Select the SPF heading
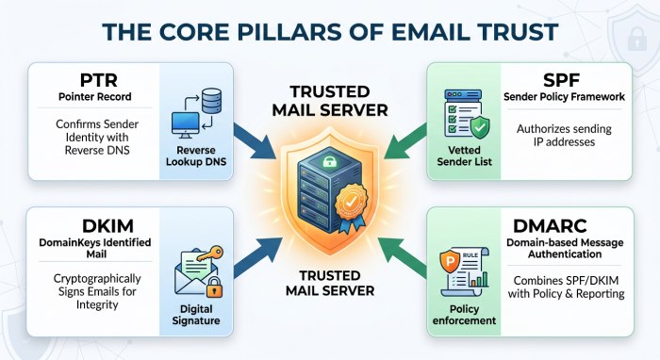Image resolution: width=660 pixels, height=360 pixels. (562, 80)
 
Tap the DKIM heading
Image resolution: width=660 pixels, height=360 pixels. (107, 226)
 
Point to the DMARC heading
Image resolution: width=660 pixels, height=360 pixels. (550, 226)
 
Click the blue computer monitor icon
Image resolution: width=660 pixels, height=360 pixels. (185, 125)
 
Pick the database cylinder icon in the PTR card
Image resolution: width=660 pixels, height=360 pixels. (212, 101)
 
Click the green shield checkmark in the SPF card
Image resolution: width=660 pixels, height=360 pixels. (479, 127)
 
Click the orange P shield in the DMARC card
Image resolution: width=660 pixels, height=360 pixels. (450, 262)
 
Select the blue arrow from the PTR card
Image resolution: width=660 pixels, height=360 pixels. (255, 141)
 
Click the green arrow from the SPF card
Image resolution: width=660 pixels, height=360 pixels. (404, 141)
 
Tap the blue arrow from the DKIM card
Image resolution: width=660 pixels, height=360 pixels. (257, 256)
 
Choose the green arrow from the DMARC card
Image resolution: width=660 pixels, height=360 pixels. (402, 256)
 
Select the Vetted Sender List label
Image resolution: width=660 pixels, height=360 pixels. (464, 155)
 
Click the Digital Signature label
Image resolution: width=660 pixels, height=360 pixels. (196, 315)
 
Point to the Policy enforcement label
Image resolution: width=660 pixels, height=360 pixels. (464, 315)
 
